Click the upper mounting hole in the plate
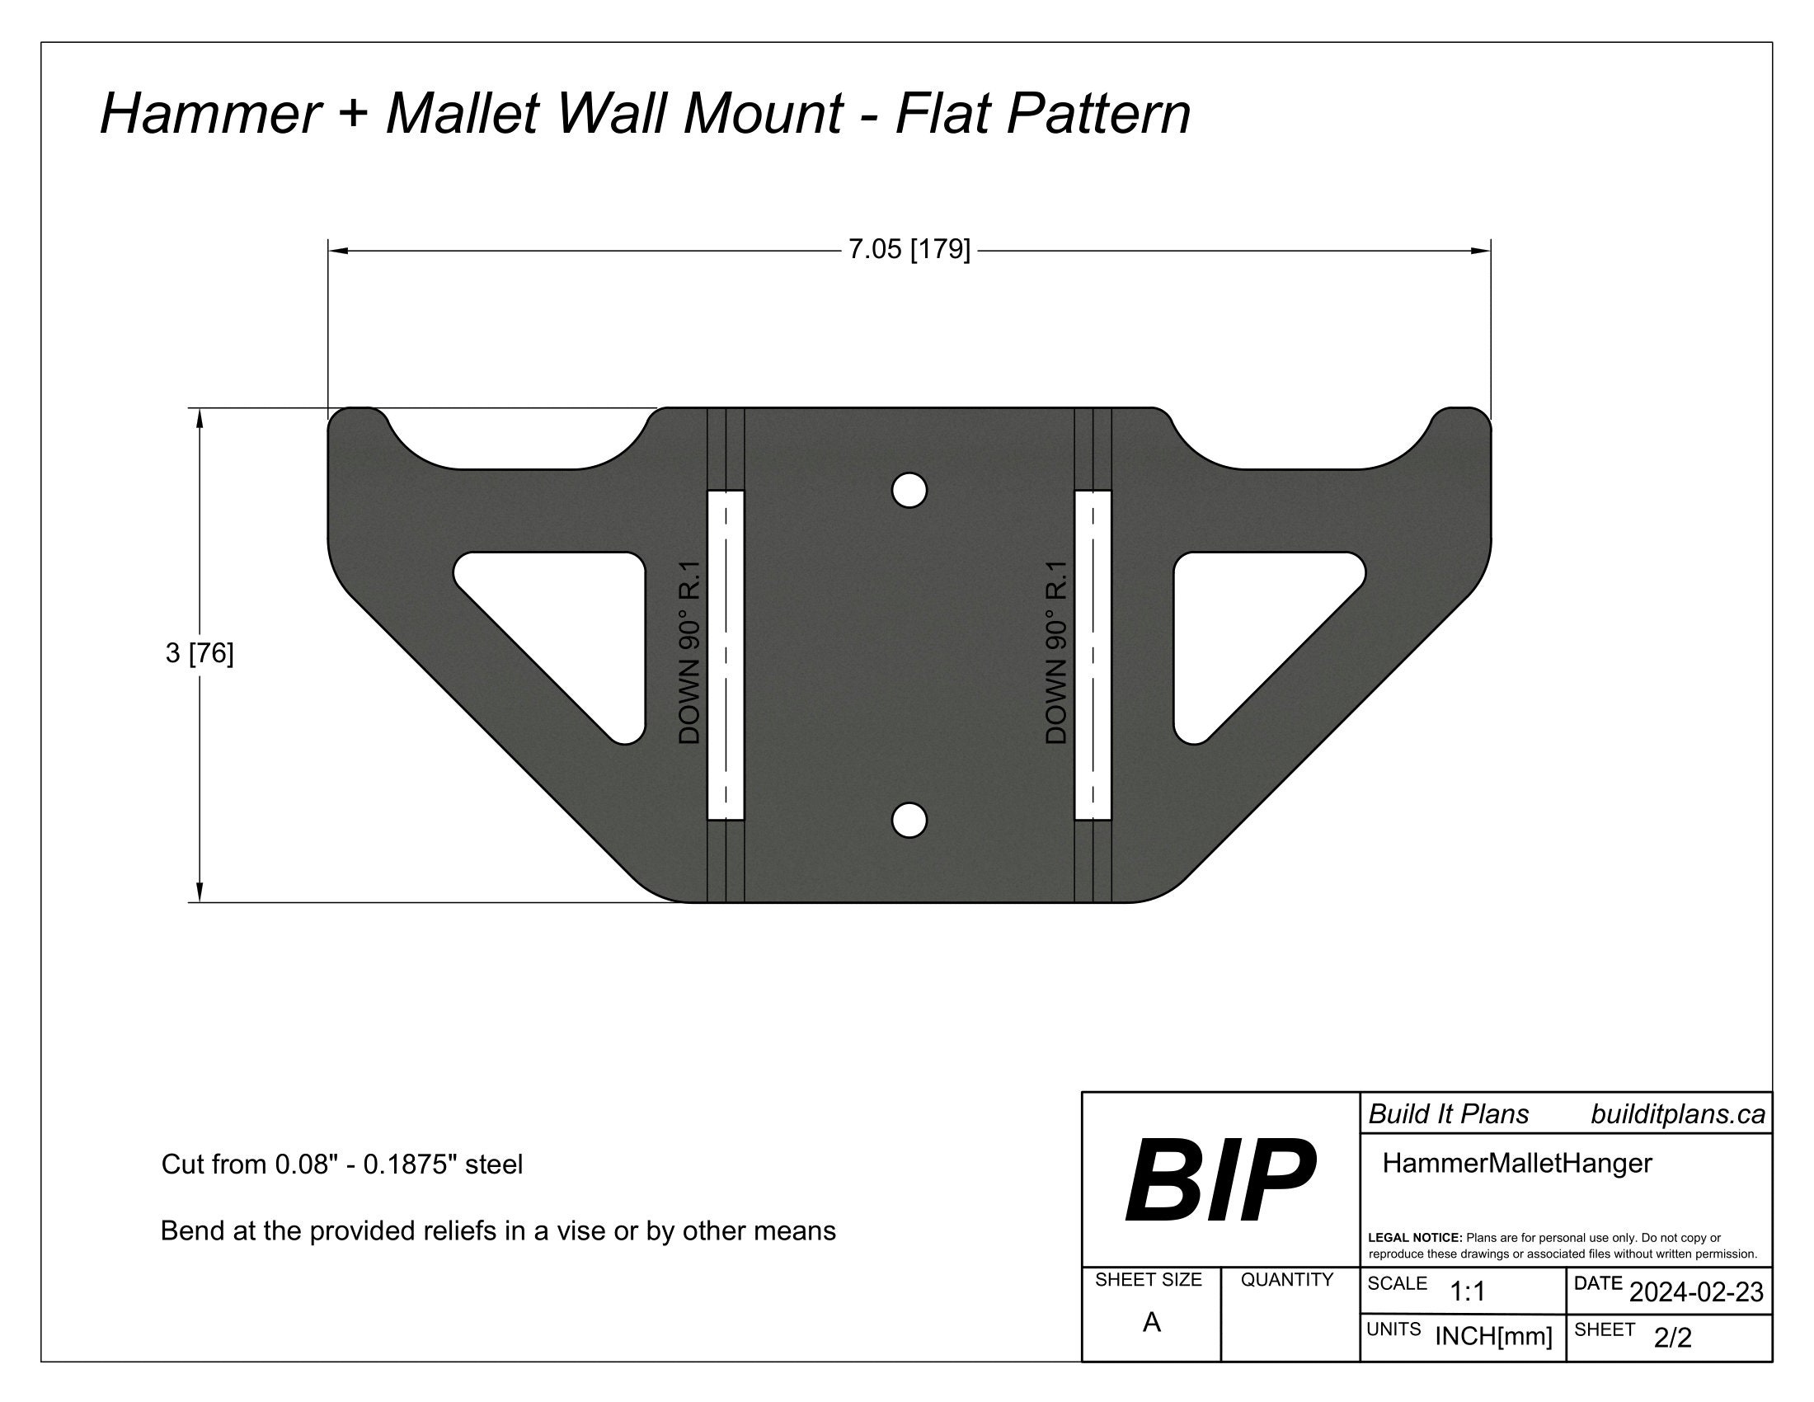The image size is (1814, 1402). (909, 491)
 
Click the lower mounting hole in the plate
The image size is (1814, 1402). (909, 821)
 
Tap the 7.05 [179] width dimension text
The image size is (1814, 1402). (909, 249)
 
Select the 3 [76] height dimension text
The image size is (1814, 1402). (200, 654)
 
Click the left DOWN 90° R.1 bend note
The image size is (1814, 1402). (690, 653)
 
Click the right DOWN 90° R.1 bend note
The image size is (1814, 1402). (1055, 653)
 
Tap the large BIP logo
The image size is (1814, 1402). (1220, 1181)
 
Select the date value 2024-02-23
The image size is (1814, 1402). (1696, 1292)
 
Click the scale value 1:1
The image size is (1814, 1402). (1468, 1291)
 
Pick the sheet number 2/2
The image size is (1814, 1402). (1672, 1338)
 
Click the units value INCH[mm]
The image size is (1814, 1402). (1493, 1336)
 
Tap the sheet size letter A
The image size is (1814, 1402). (1151, 1322)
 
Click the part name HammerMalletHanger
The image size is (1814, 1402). (1516, 1164)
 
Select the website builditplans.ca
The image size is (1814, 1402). (1678, 1115)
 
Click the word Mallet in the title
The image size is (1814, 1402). (462, 113)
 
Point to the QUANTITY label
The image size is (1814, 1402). (1286, 1280)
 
